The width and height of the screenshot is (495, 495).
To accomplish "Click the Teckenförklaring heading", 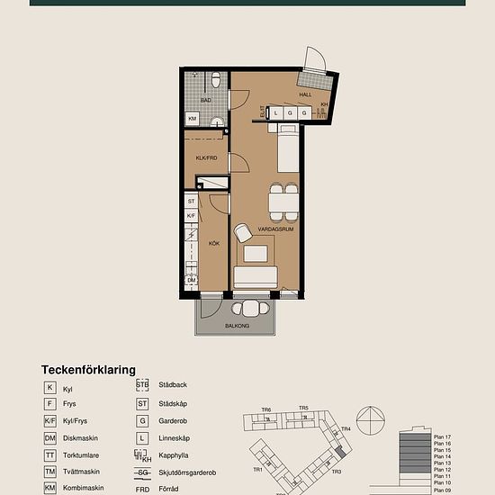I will (88, 369).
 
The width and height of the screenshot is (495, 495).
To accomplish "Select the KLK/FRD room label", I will (206, 158).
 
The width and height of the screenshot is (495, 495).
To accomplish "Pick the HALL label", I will (305, 94).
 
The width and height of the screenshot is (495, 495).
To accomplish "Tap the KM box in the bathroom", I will (193, 119).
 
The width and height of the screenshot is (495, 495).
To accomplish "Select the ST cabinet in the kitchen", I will (192, 202).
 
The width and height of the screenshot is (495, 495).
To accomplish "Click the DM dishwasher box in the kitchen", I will (192, 281).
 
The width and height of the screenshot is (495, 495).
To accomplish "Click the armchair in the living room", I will (242, 233).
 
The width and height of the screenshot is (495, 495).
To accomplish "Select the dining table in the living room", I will (283, 201).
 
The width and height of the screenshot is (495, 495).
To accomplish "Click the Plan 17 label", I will (441, 436).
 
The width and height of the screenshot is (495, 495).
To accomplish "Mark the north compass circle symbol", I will (371, 420).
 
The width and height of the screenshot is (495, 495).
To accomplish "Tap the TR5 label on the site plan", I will (304, 409).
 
